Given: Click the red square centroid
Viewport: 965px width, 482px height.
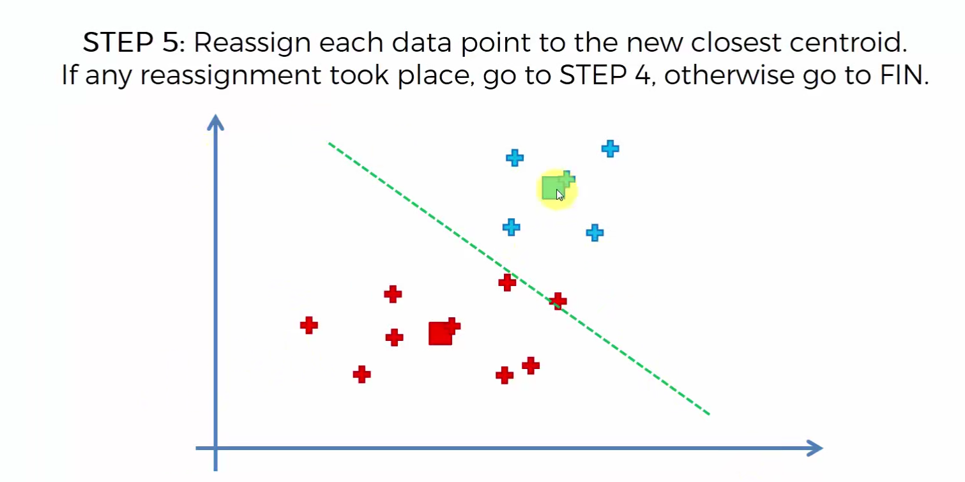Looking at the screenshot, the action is [440, 333].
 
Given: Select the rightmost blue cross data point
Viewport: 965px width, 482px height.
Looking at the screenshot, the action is [610, 149].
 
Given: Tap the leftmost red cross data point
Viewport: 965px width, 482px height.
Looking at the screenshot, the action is [309, 325].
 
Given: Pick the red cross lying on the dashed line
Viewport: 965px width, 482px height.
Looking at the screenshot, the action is [558, 301].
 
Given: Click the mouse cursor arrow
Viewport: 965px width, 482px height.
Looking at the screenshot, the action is [559, 195].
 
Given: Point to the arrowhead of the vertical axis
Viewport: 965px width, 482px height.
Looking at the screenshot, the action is [215, 123].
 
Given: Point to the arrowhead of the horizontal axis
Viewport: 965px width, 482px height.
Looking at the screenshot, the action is [814, 448].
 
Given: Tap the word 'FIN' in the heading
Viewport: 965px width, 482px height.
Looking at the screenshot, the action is [904, 75].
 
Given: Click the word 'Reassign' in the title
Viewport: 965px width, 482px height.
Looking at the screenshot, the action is [252, 43].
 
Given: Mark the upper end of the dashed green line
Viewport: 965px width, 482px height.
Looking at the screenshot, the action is [329, 144].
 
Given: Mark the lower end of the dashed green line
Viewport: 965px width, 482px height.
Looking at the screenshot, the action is [709, 414].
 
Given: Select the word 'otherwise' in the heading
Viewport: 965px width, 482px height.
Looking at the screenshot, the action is [729, 75].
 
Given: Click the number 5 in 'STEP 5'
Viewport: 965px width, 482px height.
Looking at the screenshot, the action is [170, 43].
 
